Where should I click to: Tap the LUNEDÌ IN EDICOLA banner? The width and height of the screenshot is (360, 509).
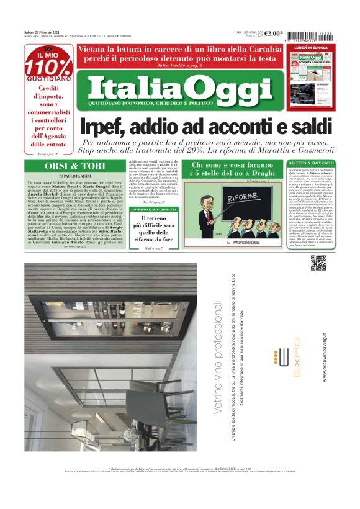(x=311, y=47)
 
